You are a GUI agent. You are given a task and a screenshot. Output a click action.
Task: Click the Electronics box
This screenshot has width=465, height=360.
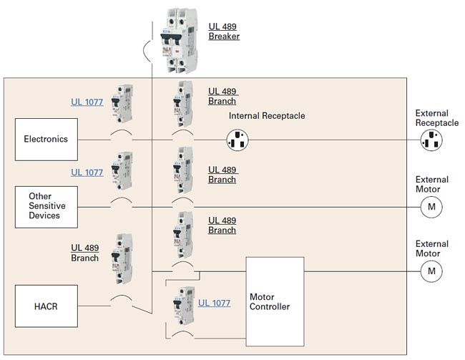[x=46, y=139]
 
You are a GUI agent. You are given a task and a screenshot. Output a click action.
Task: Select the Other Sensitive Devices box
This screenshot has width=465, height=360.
[x=44, y=205]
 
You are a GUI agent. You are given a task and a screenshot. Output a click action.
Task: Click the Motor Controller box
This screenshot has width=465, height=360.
[x=274, y=301]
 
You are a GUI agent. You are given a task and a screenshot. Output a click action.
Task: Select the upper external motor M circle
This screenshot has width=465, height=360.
[x=431, y=208]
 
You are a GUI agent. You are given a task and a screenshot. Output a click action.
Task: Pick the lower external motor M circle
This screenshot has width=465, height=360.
[x=431, y=271]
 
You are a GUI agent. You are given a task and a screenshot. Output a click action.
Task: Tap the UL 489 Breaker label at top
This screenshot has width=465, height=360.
[x=224, y=31]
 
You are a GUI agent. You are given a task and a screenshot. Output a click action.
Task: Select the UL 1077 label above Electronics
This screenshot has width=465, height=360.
[x=87, y=102]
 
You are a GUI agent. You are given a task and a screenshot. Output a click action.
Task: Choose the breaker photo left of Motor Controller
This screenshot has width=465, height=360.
[x=180, y=306]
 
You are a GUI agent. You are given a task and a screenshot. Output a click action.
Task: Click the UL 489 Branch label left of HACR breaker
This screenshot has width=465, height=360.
[x=84, y=253]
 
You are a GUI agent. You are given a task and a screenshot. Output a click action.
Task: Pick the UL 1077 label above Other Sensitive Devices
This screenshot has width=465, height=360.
[x=87, y=172]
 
